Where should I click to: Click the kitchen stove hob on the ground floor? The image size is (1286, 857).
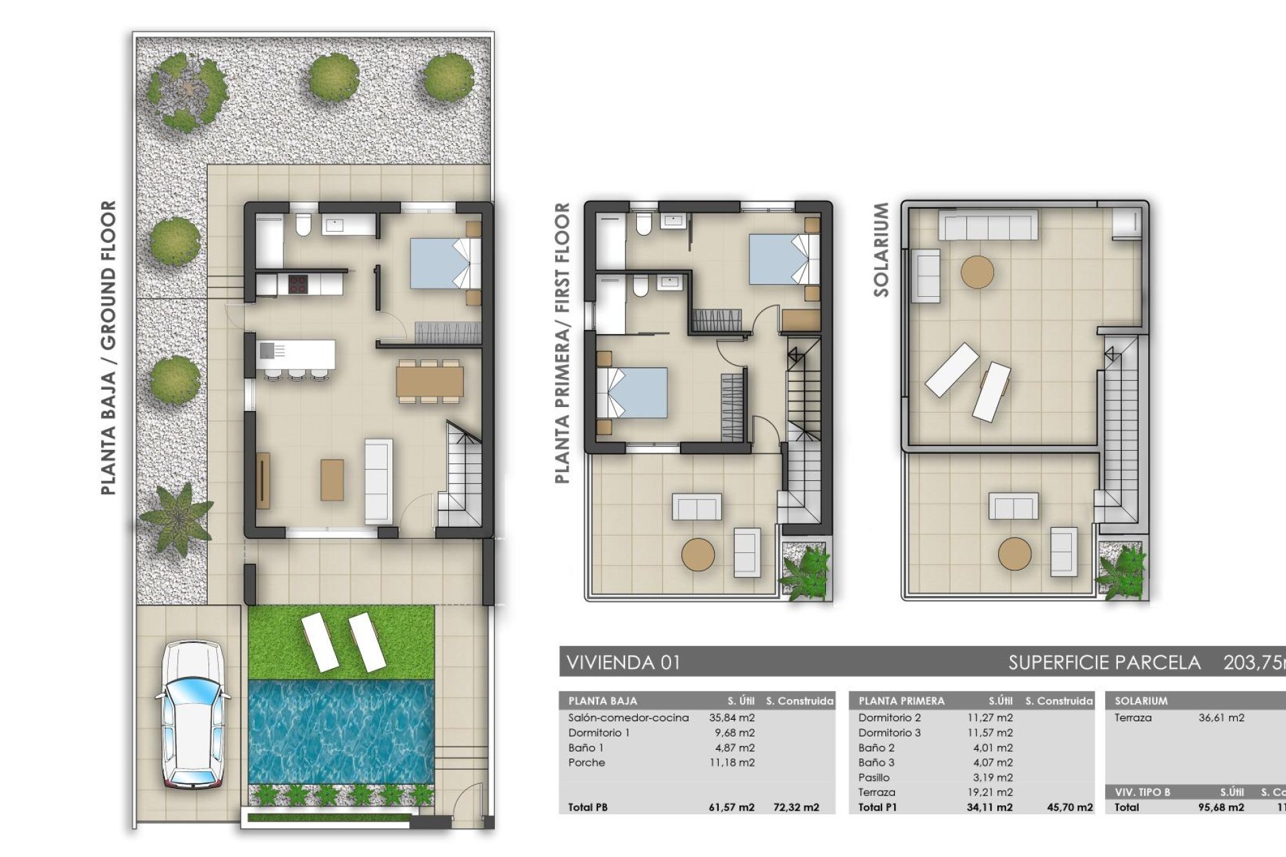coord(297,284)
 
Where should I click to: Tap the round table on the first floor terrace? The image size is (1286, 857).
coord(698,554)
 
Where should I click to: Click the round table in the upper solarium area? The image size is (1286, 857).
coord(977,272)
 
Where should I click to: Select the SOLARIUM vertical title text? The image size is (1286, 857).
coord(881,250)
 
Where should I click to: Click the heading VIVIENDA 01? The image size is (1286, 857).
coord(623,663)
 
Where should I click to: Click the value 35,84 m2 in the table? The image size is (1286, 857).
coord(731,718)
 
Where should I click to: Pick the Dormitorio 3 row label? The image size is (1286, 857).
coord(889,732)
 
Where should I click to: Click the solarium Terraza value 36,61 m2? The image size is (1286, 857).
coord(1221,718)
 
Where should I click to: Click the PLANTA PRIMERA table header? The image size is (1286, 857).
coord(901,701)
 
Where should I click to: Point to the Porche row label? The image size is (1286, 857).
coord(586,763)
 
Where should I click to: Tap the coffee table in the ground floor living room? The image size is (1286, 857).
coord(332,479)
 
